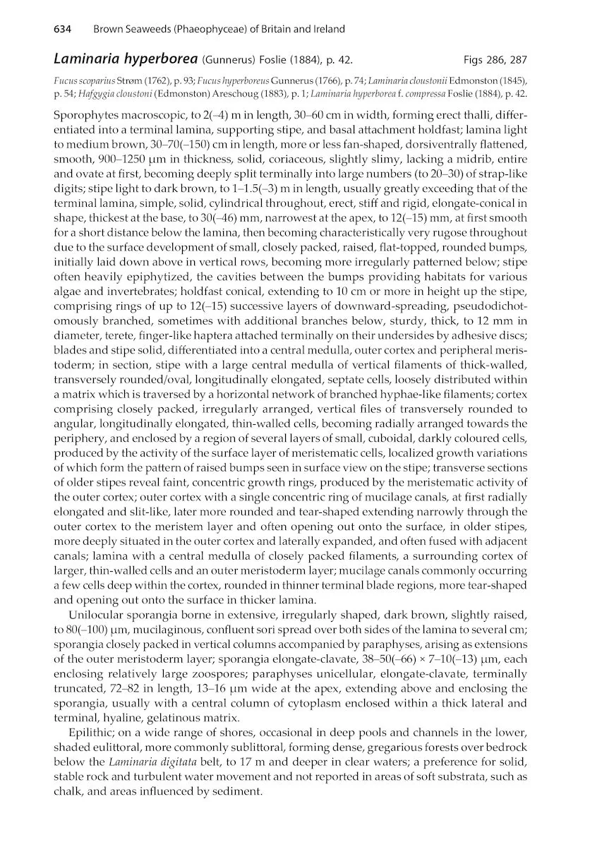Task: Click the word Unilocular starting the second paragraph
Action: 97,615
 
